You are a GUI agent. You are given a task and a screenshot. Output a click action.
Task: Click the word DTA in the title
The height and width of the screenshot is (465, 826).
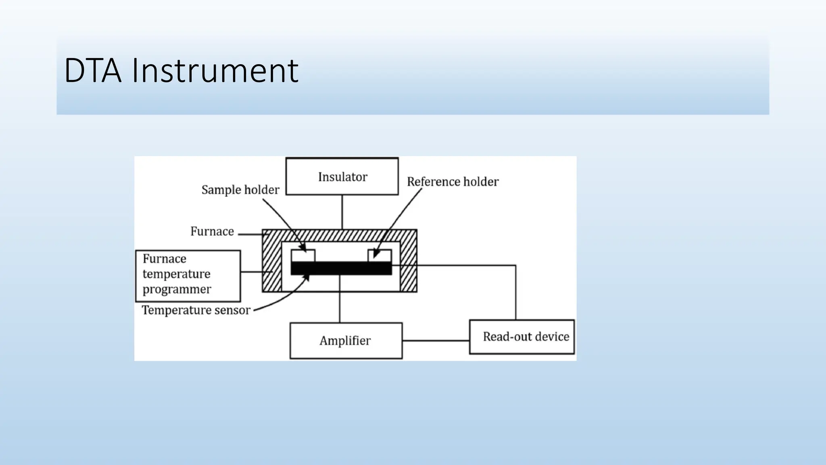tap(93, 71)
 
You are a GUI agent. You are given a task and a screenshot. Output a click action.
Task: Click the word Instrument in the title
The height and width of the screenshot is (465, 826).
tap(215, 71)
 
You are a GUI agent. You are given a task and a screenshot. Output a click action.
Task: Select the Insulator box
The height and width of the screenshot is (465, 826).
tap(342, 176)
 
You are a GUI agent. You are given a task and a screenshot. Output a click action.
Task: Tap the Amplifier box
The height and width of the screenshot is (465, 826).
tap(346, 341)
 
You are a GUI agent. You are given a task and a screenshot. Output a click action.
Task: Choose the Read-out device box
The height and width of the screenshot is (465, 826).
tap(522, 337)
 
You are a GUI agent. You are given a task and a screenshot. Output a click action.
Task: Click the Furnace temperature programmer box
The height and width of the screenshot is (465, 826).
tap(188, 276)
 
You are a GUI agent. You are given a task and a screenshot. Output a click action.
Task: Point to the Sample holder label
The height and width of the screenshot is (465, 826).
tap(240, 190)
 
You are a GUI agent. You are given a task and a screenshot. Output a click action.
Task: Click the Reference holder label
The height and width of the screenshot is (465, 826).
tap(453, 182)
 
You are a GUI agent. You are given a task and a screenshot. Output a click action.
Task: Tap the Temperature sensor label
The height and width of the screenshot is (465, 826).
tap(196, 310)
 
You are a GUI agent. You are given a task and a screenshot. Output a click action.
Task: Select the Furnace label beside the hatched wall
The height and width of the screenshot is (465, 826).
tap(212, 231)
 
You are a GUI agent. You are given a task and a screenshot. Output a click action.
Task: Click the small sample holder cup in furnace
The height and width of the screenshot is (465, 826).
tap(303, 256)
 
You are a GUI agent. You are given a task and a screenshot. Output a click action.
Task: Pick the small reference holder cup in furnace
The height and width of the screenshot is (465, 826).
tap(380, 256)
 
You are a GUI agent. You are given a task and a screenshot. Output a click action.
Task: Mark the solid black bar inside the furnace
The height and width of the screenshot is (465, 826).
tap(341, 268)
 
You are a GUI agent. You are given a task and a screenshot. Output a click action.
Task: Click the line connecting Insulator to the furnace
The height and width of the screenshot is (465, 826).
tap(342, 212)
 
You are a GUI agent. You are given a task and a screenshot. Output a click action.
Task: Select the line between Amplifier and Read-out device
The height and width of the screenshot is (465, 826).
tap(436, 341)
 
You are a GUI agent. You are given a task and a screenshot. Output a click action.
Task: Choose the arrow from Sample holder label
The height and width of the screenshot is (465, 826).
tap(282, 220)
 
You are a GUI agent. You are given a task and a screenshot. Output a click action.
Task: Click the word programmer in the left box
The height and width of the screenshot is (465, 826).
tap(177, 289)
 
